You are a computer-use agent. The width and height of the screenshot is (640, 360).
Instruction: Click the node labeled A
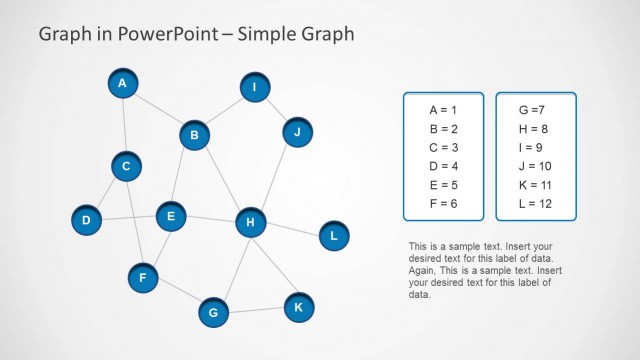(122, 83)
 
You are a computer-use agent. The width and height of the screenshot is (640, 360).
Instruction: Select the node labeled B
(195, 134)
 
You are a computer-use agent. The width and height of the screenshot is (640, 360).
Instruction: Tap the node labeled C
(126, 167)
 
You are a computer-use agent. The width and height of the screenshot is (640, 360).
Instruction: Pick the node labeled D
(87, 220)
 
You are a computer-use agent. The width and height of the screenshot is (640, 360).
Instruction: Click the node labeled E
(171, 215)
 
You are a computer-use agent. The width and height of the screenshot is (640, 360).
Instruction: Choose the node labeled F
(143, 277)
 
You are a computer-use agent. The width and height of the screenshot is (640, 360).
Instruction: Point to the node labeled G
(212, 312)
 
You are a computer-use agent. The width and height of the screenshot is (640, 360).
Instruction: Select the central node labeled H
(250, 222)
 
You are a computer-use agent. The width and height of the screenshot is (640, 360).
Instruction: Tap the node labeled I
(255, 88)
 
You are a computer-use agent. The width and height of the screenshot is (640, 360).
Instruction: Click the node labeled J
(297, 131)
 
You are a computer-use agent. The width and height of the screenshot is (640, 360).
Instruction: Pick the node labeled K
(298, 307)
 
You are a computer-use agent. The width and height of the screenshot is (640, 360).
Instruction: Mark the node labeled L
(333, 235)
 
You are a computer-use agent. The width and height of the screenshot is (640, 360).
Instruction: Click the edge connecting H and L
(292, 229)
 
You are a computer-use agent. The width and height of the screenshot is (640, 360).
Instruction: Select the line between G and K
(255, 310)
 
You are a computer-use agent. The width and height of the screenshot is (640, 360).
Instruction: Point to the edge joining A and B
(158, 108)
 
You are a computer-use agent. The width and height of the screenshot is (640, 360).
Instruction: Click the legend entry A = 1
(442, 110)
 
